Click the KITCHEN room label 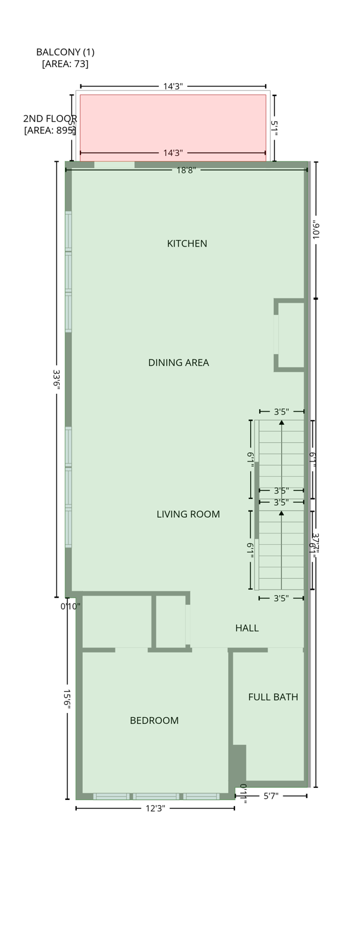point(187,243)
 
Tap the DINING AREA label point(178,362)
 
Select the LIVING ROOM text point(188,514)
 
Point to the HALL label point(246,628)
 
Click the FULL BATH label point(273,697)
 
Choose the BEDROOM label point(154,720)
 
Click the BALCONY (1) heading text point(65,52)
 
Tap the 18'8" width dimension point(186,170)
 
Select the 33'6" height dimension point(56,379)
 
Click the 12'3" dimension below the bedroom point(155,808)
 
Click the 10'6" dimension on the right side point(316,230)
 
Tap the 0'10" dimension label point(70,606)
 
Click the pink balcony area point(173,124)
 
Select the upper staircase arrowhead point(281,423)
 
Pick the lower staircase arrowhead point(281,514)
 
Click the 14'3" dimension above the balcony point(173,86)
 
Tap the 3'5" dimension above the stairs point(281,412)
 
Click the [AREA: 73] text point(65,64)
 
